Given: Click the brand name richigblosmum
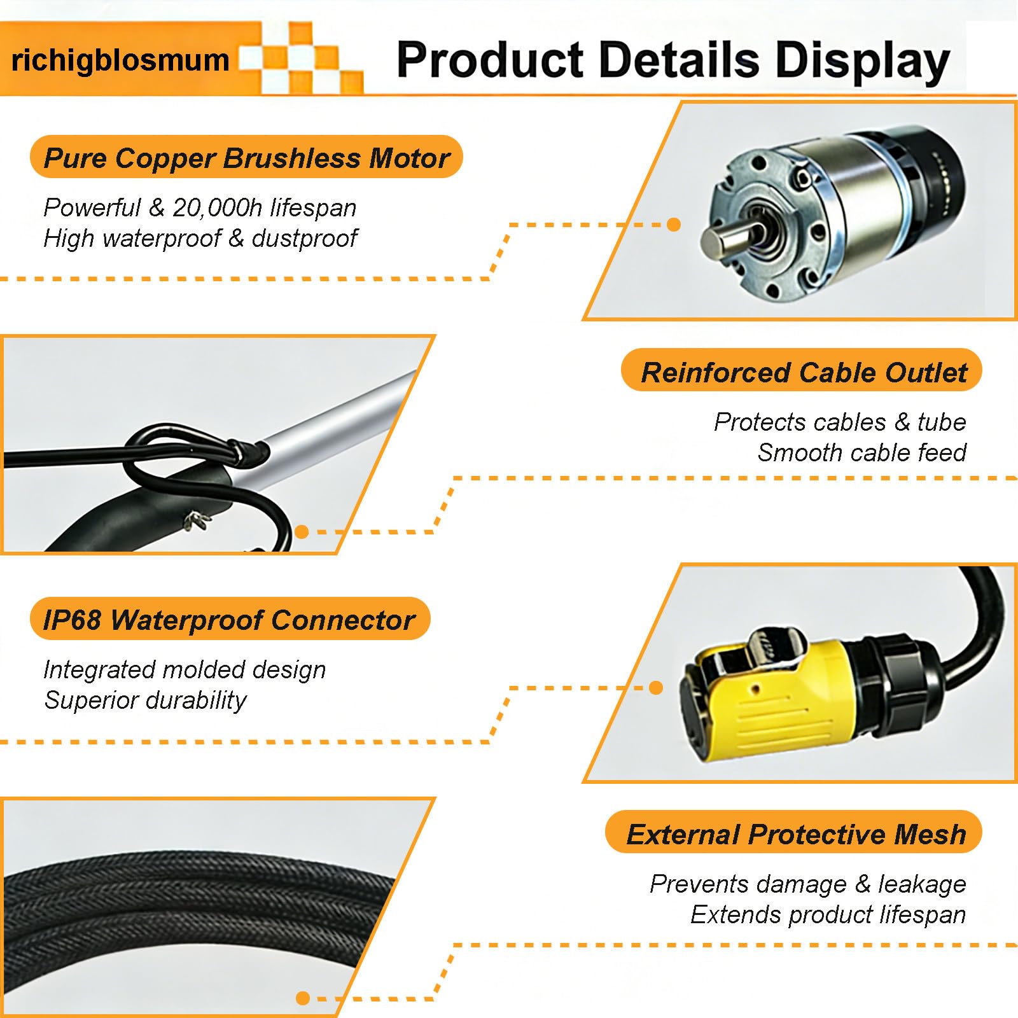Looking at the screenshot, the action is [x=120, y=61].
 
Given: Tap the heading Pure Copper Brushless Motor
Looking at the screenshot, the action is [x=246, y=158].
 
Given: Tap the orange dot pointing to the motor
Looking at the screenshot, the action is [x=674, y=225].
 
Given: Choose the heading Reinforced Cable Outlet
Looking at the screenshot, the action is [x=804, y=372].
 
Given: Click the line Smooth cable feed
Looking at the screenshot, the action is [x=862, y=452].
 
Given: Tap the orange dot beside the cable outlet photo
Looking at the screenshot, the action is [x=302, y=532].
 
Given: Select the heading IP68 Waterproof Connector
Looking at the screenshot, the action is [x=229, y=620].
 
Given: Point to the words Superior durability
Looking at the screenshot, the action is [x=145, y=701].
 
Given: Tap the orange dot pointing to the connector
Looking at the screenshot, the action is [x=656, y=687].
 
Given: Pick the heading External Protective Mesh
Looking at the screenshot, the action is [x=796, y=834].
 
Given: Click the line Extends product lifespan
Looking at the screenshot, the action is [x=828, y=915].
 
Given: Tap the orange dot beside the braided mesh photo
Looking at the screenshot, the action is [x=303, y=998].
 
